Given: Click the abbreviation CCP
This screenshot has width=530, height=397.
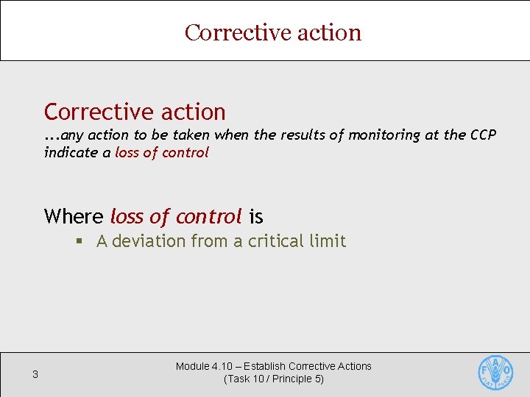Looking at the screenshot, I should (x=482, y=135).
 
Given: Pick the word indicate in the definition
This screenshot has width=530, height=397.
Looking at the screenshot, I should (x=71, y=152).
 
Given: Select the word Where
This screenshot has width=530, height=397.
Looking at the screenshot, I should (x=74, y=216).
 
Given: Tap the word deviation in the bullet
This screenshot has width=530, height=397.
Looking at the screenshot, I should (x=151, y=241).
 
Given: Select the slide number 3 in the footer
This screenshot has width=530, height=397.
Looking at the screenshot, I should (x=35, y=376).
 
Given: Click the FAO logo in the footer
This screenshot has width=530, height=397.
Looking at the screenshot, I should (x=495, y=373).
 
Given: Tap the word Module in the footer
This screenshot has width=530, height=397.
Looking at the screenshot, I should (x=192, y=366).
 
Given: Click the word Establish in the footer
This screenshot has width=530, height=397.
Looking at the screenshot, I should (x=265, y=366).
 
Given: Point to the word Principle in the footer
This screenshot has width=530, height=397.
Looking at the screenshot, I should (x=290, y=379).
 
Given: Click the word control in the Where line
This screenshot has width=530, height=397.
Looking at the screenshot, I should (x=209, y=216).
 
